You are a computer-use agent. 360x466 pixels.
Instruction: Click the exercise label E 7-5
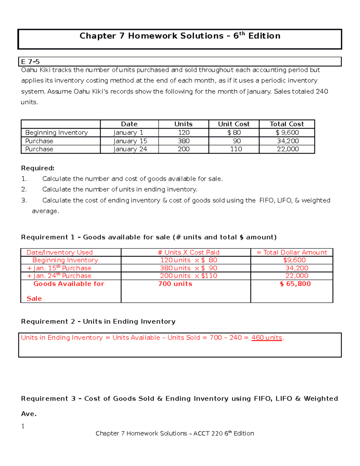(x=30, y=62)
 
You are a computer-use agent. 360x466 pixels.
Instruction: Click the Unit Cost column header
(x=234, y=124)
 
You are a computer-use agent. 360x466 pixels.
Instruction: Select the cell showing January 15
(x=130, y=141)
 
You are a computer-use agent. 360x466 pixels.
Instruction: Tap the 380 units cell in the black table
(x=184, y=141)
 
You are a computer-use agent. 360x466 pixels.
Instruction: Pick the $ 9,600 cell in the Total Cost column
(x=287, y=133)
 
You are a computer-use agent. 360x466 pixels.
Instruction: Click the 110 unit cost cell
(x=236, y=149)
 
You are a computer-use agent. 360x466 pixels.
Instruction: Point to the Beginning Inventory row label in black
(x=56, y=133)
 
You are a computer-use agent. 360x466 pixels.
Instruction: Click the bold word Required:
(x=38, y=168)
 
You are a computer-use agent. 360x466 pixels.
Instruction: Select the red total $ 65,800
(x=295, y=284)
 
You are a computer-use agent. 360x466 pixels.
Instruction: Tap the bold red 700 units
(x=175, y=284)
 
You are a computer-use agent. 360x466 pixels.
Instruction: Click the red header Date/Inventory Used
(x=59, y=252)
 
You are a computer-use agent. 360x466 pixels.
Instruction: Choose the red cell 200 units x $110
(x=188, y=276)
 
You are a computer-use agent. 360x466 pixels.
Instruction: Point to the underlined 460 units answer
(x=267, y=338)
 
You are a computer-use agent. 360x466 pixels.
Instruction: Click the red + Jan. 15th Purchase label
(x=59, y=268)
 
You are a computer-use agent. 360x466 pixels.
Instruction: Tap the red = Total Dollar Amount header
(x=292, y=252)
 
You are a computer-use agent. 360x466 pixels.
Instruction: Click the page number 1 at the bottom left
(x=23, y=426)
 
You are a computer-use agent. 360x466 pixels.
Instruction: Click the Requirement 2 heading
(x=98, y=321)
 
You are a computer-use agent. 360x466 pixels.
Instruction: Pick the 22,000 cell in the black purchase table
(x=288, y=149)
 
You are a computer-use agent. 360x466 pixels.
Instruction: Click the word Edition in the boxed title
(x=264, y=36)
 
